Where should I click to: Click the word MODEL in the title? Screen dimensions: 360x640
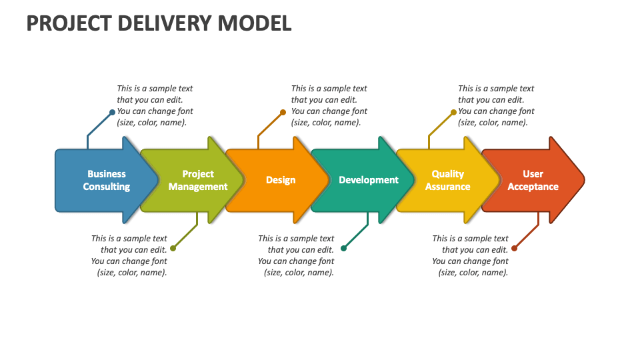click(255, 23)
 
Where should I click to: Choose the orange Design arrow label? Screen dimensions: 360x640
click(281, 180)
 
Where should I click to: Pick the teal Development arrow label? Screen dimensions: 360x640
click(369, 180)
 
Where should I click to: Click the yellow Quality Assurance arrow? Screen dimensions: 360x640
click(447, 180)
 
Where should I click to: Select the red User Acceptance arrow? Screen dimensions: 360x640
click(533, 180)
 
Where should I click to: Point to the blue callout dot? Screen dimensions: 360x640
click(112, 112)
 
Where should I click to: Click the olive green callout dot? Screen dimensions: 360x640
click(173, 248)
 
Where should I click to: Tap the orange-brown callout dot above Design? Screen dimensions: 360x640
click(283, 112)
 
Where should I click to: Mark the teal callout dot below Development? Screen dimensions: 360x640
click(343, 248)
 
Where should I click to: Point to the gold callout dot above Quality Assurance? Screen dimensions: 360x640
click(453, 112)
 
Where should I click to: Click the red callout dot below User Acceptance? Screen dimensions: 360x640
click(514, 248)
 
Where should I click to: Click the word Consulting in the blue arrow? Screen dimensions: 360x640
click(106, 187)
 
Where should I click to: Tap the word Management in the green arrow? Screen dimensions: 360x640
click(198, 187)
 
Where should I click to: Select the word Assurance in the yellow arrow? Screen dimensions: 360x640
click(447, 187)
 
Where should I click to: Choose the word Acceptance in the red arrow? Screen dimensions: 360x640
click(533, 187)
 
